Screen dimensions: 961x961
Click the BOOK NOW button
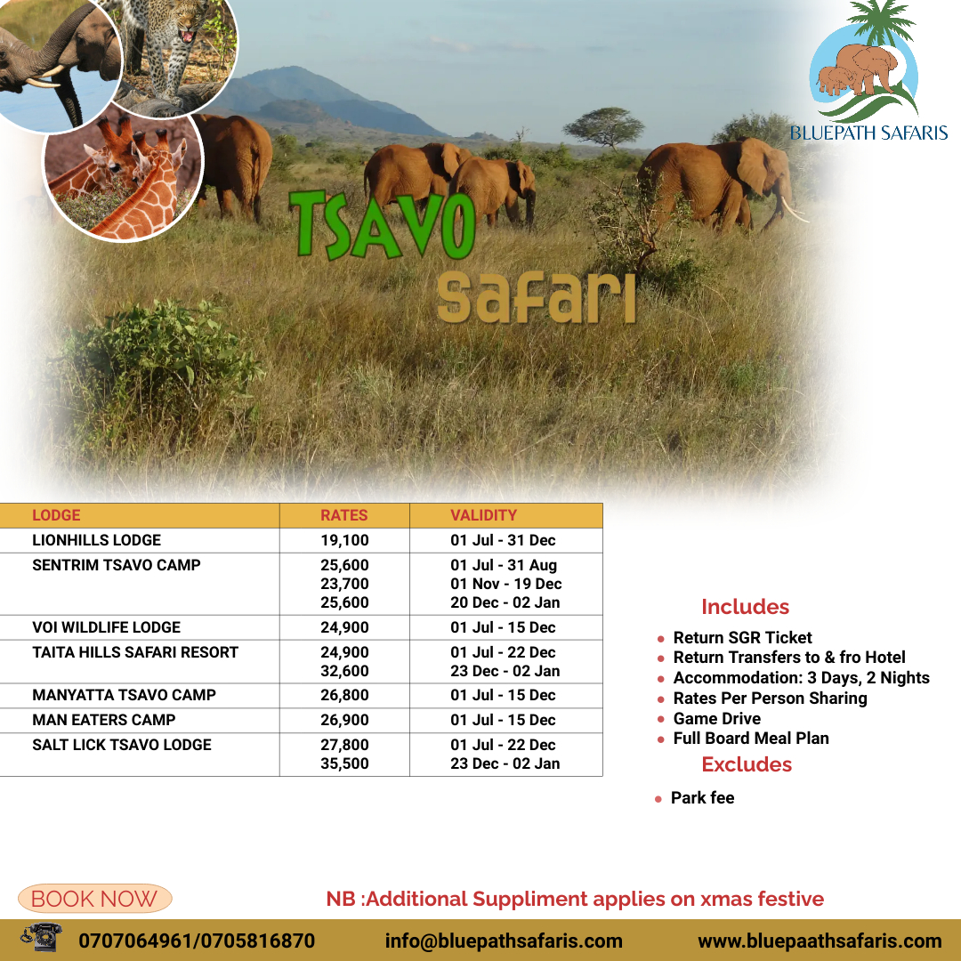95,899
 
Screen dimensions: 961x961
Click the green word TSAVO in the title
383,224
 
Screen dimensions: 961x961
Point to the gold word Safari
537,297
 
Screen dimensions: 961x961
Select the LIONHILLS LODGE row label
96,540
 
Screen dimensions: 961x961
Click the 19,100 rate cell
344,540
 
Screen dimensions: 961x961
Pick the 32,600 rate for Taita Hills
344,671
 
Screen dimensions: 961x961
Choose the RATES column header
343,515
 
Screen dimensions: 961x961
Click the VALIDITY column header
483,515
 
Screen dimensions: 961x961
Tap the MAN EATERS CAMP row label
103,720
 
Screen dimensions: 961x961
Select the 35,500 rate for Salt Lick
344,763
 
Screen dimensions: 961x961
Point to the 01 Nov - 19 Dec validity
505,584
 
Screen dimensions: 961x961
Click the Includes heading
745,607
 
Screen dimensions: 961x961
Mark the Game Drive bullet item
716,718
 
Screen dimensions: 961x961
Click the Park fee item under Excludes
702,798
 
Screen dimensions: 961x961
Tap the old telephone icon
42,937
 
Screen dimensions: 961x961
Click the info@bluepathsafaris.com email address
503,941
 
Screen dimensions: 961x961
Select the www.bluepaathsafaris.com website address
820,941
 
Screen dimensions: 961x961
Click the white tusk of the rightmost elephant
795,212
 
